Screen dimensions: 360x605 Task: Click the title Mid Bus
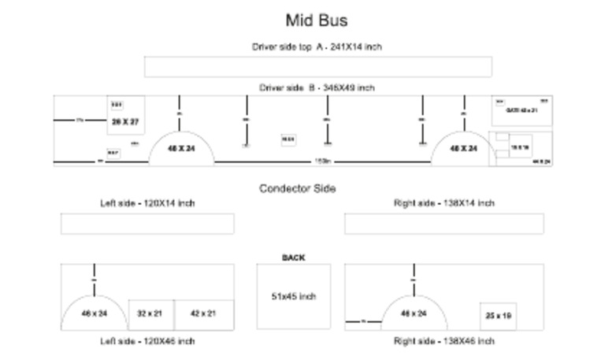316,20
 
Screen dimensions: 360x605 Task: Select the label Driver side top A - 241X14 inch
317,47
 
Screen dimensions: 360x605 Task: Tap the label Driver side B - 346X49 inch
317,88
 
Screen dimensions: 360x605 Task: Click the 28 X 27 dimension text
125,122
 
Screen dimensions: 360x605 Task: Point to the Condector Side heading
297,189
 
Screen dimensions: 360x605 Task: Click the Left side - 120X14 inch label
147,203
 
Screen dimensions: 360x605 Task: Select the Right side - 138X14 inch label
444,203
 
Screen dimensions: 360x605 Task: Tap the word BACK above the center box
293,258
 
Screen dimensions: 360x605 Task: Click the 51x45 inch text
293,297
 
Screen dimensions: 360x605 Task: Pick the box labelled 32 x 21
150,314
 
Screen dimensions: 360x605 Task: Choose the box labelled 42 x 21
204,314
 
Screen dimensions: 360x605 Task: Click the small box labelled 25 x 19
498,316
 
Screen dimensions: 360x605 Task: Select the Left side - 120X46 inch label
147,341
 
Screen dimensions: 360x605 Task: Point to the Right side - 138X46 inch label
444,341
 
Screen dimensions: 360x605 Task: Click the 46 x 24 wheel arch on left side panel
95,314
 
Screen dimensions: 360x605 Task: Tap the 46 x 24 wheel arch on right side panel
414,314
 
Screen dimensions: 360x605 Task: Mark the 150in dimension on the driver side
322,161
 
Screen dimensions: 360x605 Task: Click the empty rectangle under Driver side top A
317,67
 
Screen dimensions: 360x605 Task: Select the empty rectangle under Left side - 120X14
147,224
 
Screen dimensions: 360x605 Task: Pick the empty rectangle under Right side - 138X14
444,224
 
